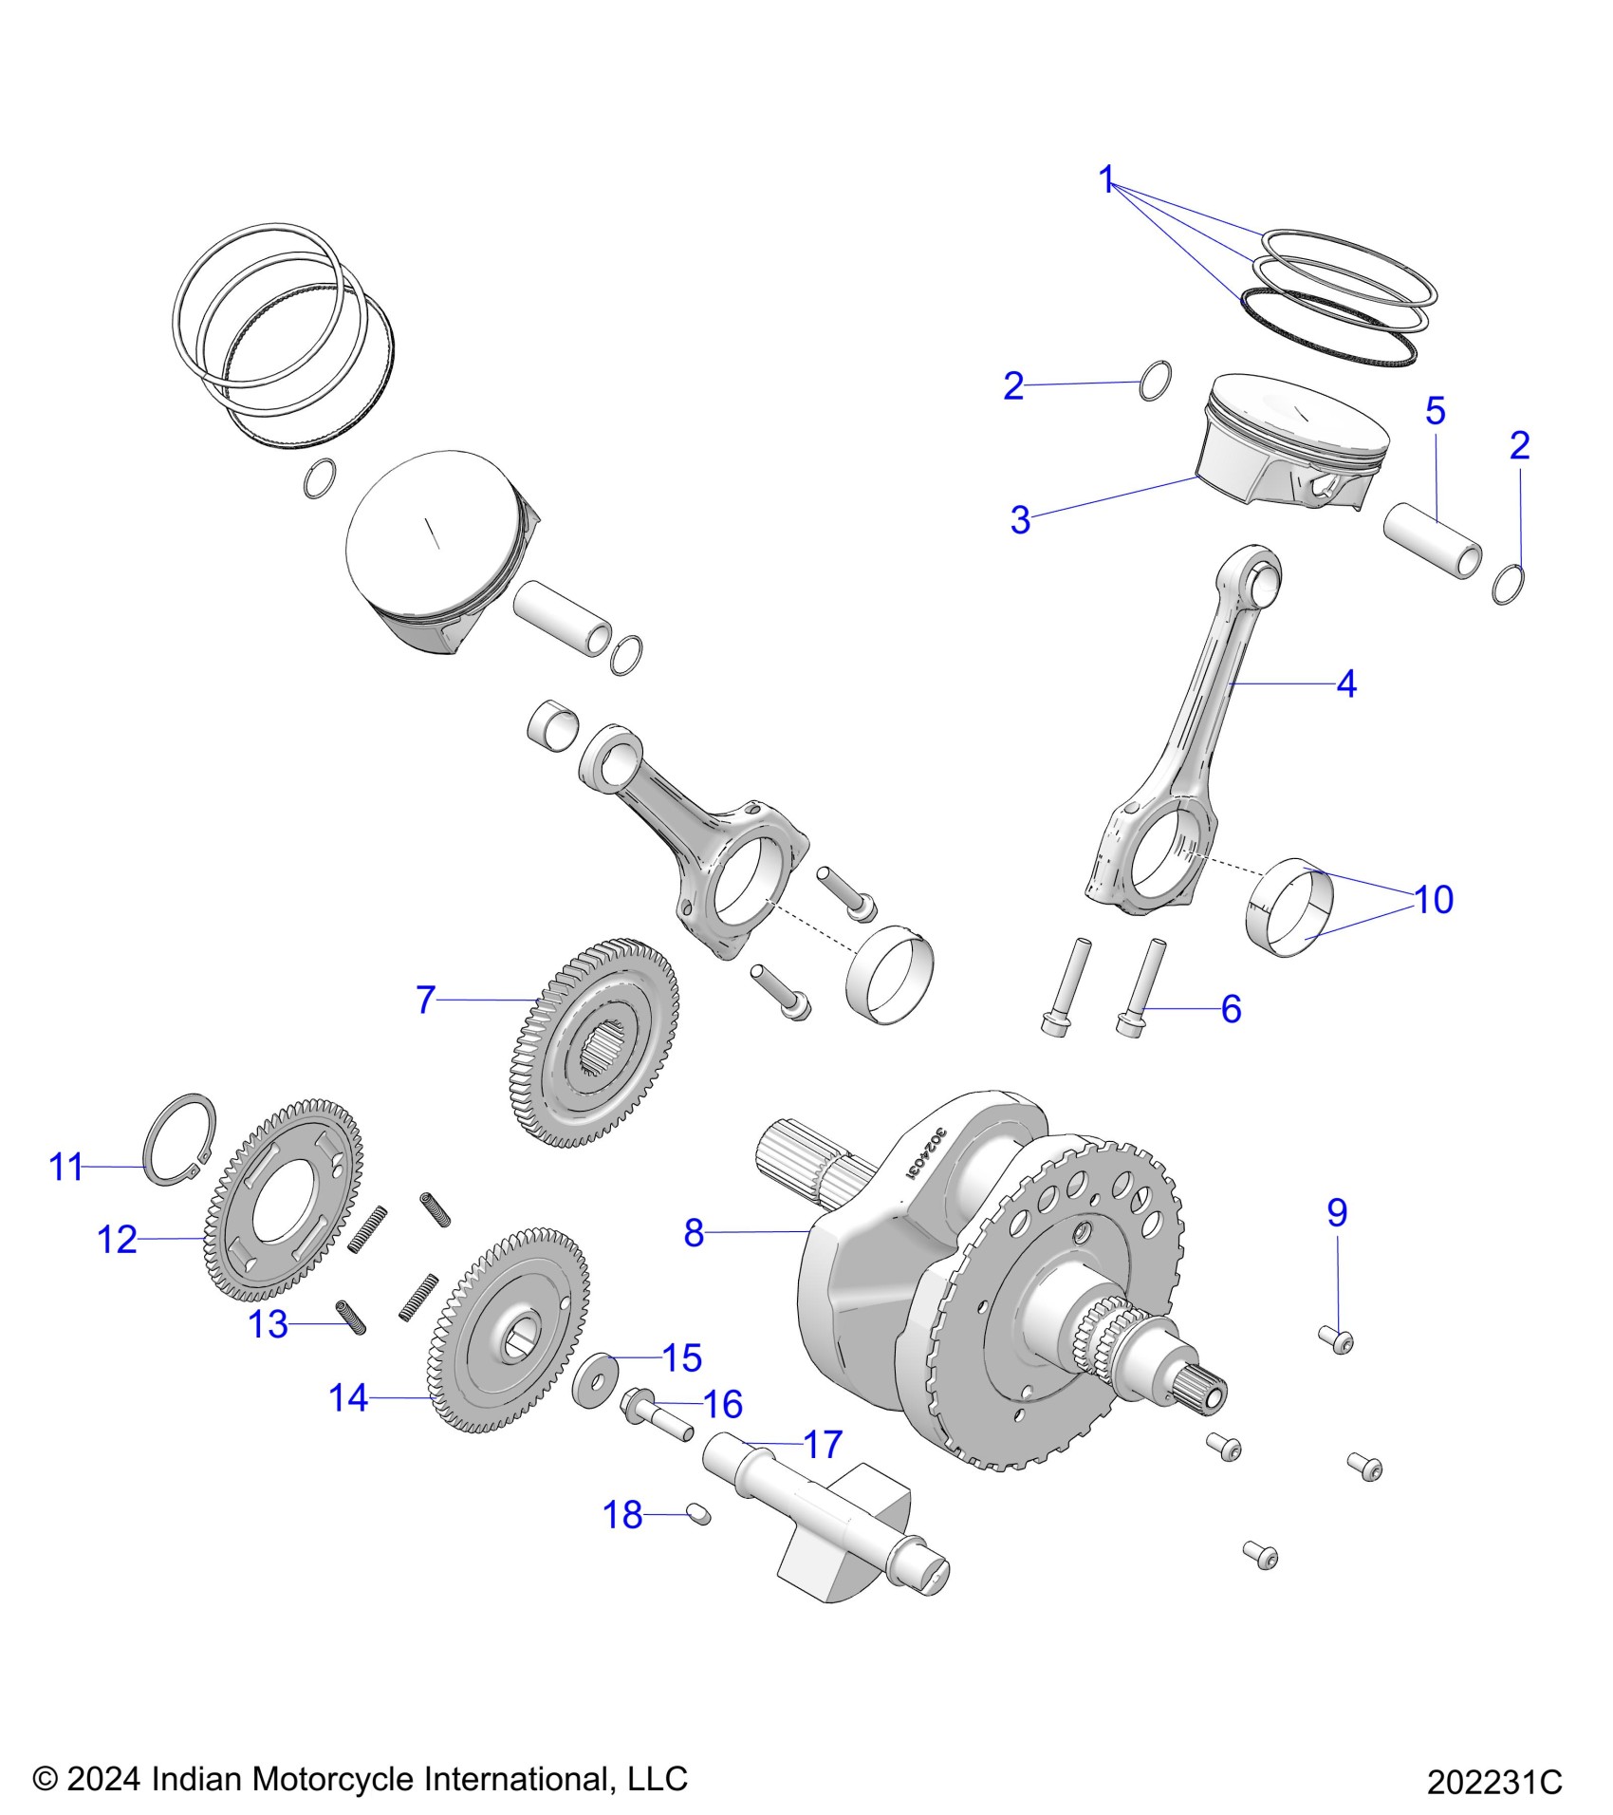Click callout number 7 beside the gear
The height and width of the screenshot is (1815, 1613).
[426, 1000]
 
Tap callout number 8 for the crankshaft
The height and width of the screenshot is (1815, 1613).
[694, 1233]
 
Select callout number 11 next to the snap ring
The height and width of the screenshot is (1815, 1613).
[66, 1167]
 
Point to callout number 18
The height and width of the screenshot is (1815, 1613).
[622, 1515]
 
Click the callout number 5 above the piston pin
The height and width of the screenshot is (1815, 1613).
[1435, 411]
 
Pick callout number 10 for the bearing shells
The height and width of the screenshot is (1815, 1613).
[1433, 899]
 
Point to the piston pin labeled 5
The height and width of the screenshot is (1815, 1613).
[1431, 541]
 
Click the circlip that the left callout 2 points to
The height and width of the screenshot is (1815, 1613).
[1154, 381]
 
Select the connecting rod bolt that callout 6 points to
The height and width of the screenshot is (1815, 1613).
[1133, 987]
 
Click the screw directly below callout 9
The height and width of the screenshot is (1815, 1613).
[1336, 1339]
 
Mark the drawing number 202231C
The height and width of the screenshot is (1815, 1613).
[1493, 1782]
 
